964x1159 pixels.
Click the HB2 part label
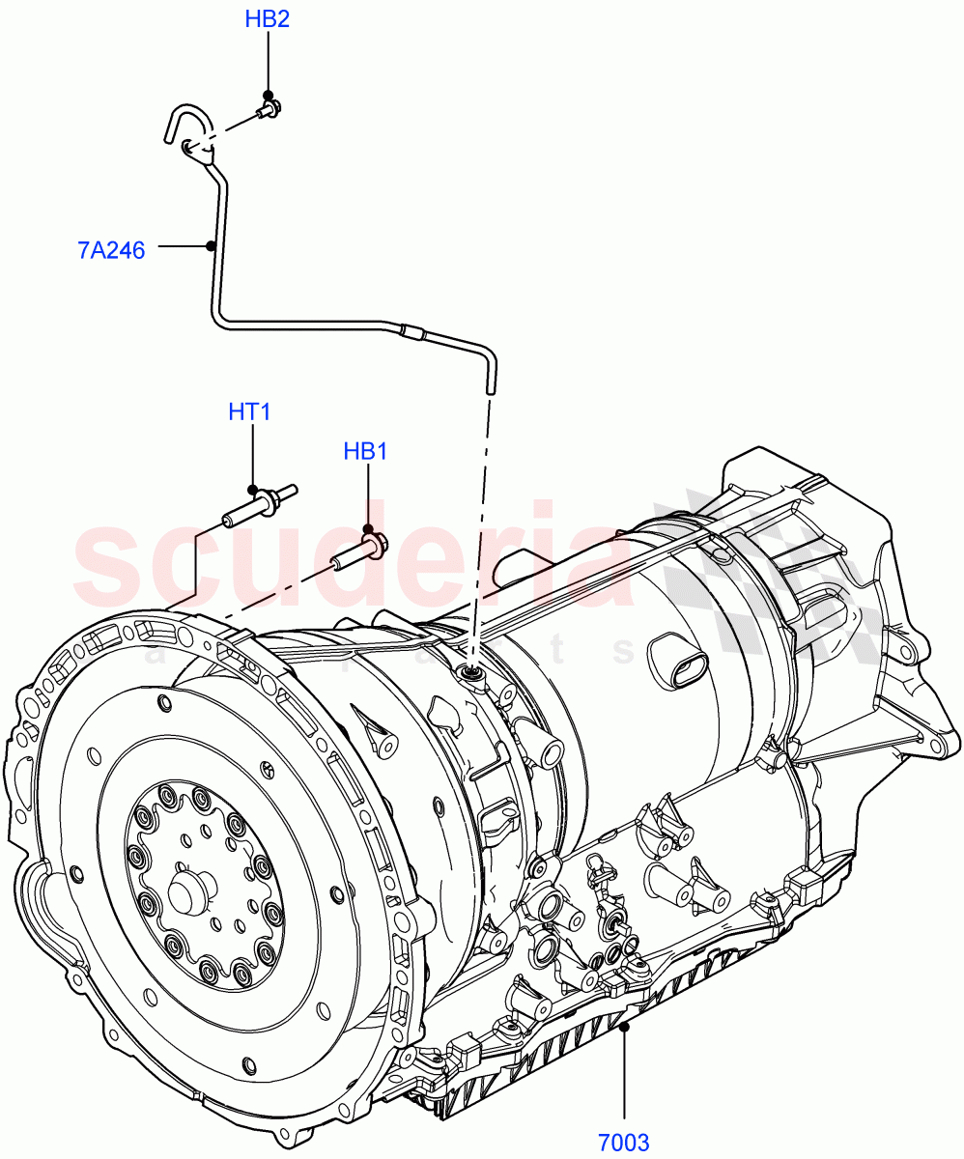(268, 19)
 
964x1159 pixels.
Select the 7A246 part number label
(111, 251)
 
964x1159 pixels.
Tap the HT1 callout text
(249, 411)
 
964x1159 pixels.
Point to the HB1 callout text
(366, 451)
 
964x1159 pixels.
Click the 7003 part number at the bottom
(623, 1144)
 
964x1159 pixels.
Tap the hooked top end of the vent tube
(179, 121)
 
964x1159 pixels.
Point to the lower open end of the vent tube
(490, 386)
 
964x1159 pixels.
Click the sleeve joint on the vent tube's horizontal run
(412, 334)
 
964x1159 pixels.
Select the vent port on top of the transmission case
(472, 673)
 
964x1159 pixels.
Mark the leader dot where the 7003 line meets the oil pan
(624, 1029)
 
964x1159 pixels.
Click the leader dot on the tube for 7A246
(210, 246)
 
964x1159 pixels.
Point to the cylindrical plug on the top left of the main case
(512, 568)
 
